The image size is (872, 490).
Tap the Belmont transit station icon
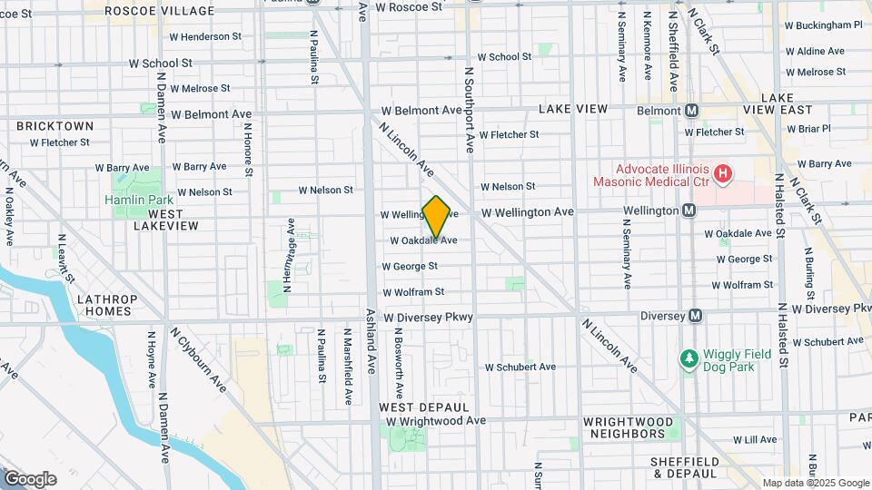pyautogui.click(x=691, y=110)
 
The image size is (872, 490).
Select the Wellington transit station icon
pyautogui.click(x=689, y=211)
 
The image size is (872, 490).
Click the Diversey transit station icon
pyautogui.click(x=696, y=316)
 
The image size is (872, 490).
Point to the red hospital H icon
pyautogui.click(x=723, y=171)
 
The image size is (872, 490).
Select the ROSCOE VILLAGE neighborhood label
pyautogui.click(x=160, y=11)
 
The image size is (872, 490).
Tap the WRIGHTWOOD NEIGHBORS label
pyautogui.click(x=629, y=428)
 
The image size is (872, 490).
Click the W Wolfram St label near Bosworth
pyautogui.click(x=413, y=292)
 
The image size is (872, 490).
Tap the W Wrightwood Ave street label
pyautogui.click(x=436, y=421)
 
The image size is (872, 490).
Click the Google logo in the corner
pyautogui.click(x=30, y=479)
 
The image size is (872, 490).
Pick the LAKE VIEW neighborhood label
pyautogui.click(x=572, y=109)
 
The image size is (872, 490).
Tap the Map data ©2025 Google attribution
pyautogui.click(x=816, y=483)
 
